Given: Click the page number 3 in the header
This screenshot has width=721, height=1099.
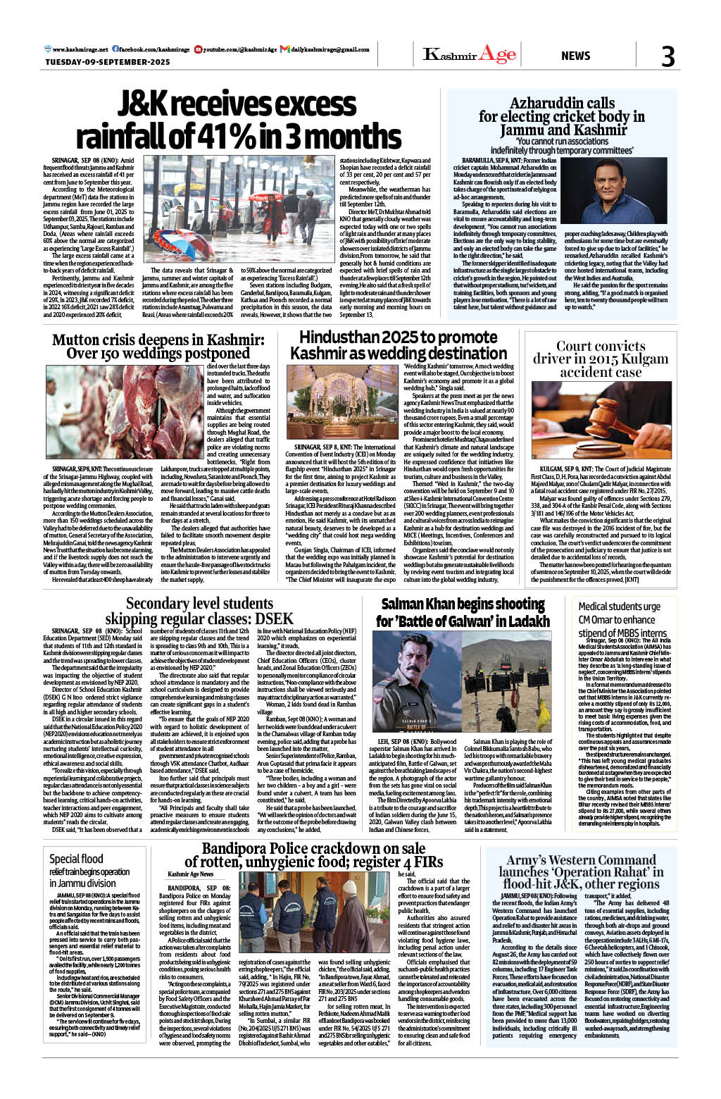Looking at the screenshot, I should (667, 56).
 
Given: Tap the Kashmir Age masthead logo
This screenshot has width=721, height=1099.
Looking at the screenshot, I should (470, 54).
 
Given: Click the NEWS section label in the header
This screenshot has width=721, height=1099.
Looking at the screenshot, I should (575, 56).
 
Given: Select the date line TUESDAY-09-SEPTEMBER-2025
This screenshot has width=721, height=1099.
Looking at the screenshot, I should (108, 62).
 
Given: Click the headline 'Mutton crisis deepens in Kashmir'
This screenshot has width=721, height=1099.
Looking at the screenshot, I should (158, 340).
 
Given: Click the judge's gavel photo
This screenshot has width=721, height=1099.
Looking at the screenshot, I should (601, 421).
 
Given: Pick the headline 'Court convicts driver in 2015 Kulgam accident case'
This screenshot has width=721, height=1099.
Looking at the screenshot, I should (601, 359).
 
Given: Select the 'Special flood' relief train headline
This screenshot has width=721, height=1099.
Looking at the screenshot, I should (76, 859).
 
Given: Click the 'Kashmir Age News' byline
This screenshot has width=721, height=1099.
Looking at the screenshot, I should (191, 874).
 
